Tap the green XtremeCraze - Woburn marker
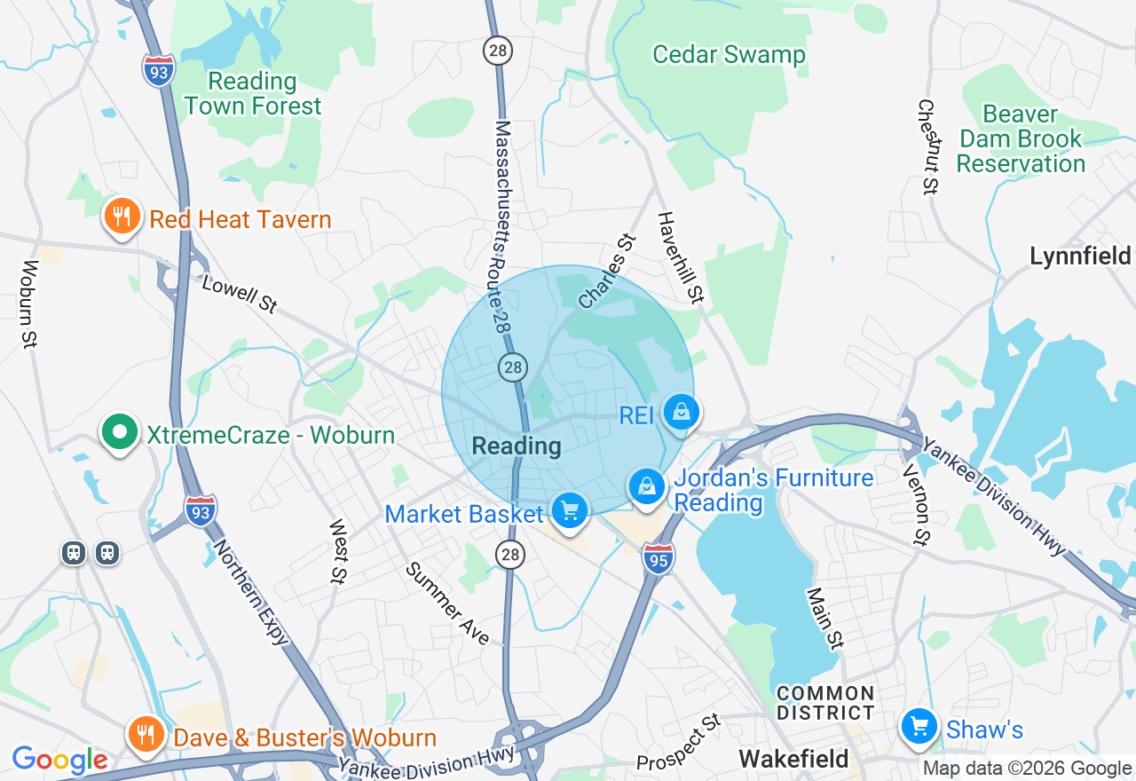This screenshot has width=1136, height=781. tap(120, 434)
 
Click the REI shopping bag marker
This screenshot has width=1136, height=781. tap(681, 414)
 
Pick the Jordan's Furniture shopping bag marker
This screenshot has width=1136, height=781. tap(648, 487)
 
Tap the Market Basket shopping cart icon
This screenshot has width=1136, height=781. tap(570, 511)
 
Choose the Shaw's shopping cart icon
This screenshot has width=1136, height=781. tap(919, 728)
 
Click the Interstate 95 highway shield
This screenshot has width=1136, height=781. tap(659, 558)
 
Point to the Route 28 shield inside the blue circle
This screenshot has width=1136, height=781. tap(513, 367)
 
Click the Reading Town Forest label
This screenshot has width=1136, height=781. tap(253, 93)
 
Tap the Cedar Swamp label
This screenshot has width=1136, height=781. tap(729, 55)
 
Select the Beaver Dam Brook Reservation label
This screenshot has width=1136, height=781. tap(1021, 139)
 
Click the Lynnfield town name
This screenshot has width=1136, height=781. tap(1080, 256)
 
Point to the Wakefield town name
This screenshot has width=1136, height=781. tap(794, 759)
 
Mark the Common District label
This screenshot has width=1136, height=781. tap(825, 703)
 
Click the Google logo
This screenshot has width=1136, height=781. tap(59, 761)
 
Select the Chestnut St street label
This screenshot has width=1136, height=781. tap(927, 146)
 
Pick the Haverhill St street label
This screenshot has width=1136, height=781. tap(680, 257)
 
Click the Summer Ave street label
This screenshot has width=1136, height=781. tap(447, 603)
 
